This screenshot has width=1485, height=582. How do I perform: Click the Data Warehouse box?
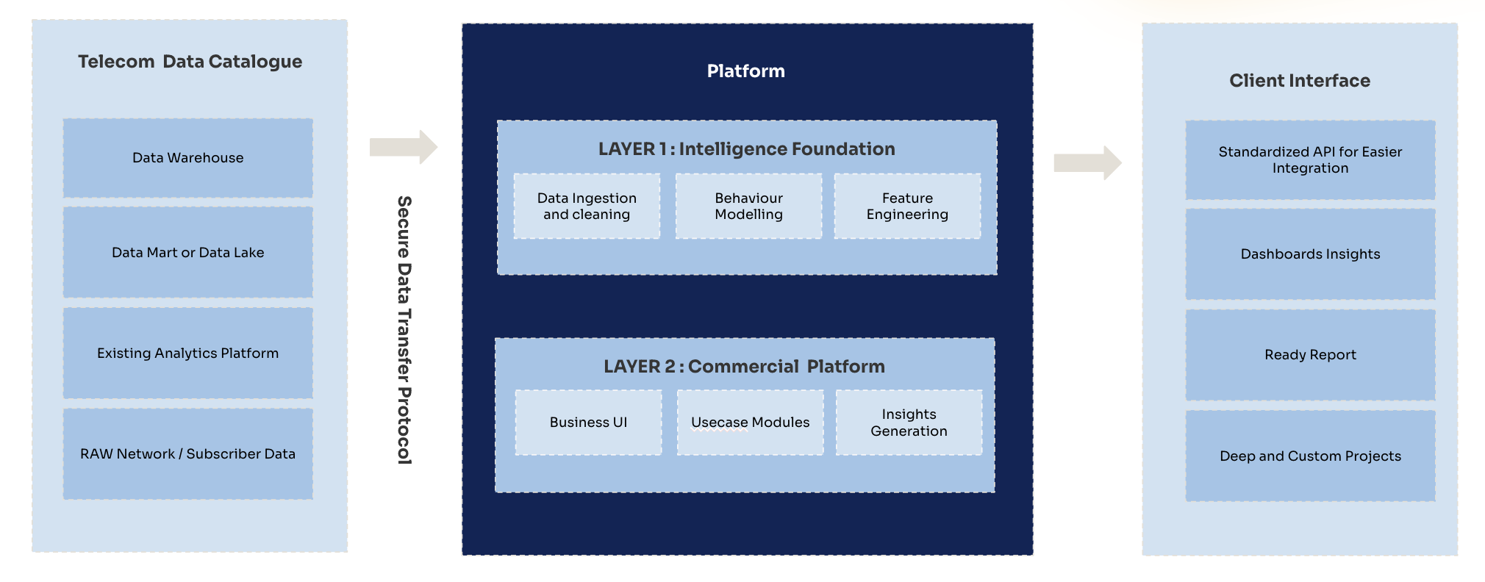pos(187,158)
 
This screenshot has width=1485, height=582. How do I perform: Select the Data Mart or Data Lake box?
pos(187,252)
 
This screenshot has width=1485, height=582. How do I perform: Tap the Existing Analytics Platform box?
pos(187,353)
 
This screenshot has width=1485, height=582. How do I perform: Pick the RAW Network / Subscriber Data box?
pos(187,453)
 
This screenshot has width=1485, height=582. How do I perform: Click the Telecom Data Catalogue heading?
pos(190,62)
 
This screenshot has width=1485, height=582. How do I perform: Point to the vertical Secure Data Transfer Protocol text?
pos(404,330)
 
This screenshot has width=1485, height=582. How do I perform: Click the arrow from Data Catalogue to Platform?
pos(403,147)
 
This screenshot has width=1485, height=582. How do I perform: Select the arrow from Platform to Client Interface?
pos(1087,162)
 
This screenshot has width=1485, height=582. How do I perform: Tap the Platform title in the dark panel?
pos(745,71)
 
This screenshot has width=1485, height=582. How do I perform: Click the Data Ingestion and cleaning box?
pos(587,206)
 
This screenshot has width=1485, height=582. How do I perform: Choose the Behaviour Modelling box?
pos(748,206)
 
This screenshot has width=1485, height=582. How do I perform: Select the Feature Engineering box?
pos(907,206)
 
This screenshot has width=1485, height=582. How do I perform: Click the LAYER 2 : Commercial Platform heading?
pos(744,366)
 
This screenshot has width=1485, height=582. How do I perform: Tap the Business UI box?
pos(588,423)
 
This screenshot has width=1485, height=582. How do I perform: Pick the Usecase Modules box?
pos(750,423)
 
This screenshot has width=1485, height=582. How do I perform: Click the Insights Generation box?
pos(909,423)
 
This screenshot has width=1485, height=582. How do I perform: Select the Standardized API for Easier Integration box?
pos(1310,160)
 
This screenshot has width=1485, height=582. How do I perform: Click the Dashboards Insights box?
pos(1310,254)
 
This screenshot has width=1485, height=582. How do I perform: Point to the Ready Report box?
pos(1310,355)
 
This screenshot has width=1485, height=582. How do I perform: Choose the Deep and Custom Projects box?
pos(1310,456)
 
